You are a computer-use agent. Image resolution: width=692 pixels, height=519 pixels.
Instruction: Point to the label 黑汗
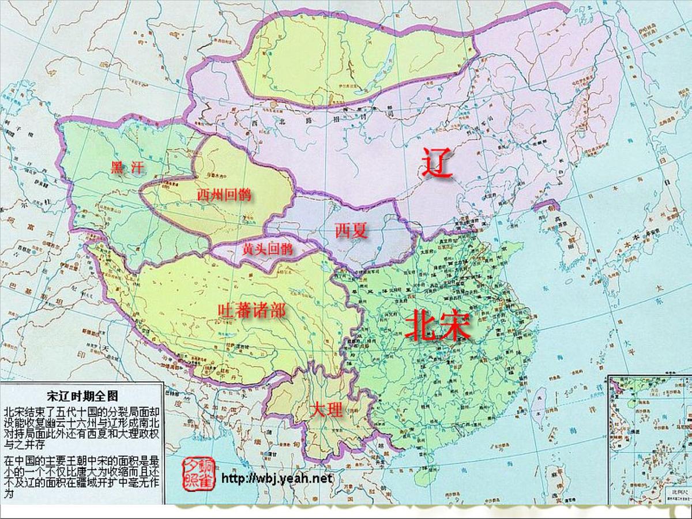(126, 168)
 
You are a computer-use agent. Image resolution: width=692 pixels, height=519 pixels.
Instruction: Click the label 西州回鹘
(224, 195)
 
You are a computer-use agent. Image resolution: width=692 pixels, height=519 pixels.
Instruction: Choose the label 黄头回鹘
(267, 249)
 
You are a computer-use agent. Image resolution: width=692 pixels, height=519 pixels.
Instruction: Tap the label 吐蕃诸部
(251, 311)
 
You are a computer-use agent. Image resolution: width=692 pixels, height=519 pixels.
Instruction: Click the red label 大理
(326, 410)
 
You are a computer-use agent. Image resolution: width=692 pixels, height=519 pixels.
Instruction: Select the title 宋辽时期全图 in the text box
(82, 396)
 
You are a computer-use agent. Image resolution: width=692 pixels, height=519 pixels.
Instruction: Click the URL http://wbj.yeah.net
(277, 479)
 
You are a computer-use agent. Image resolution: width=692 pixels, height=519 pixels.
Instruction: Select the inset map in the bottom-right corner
(649, 438)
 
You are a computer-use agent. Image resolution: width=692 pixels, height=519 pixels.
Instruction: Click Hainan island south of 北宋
(418, 470)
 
